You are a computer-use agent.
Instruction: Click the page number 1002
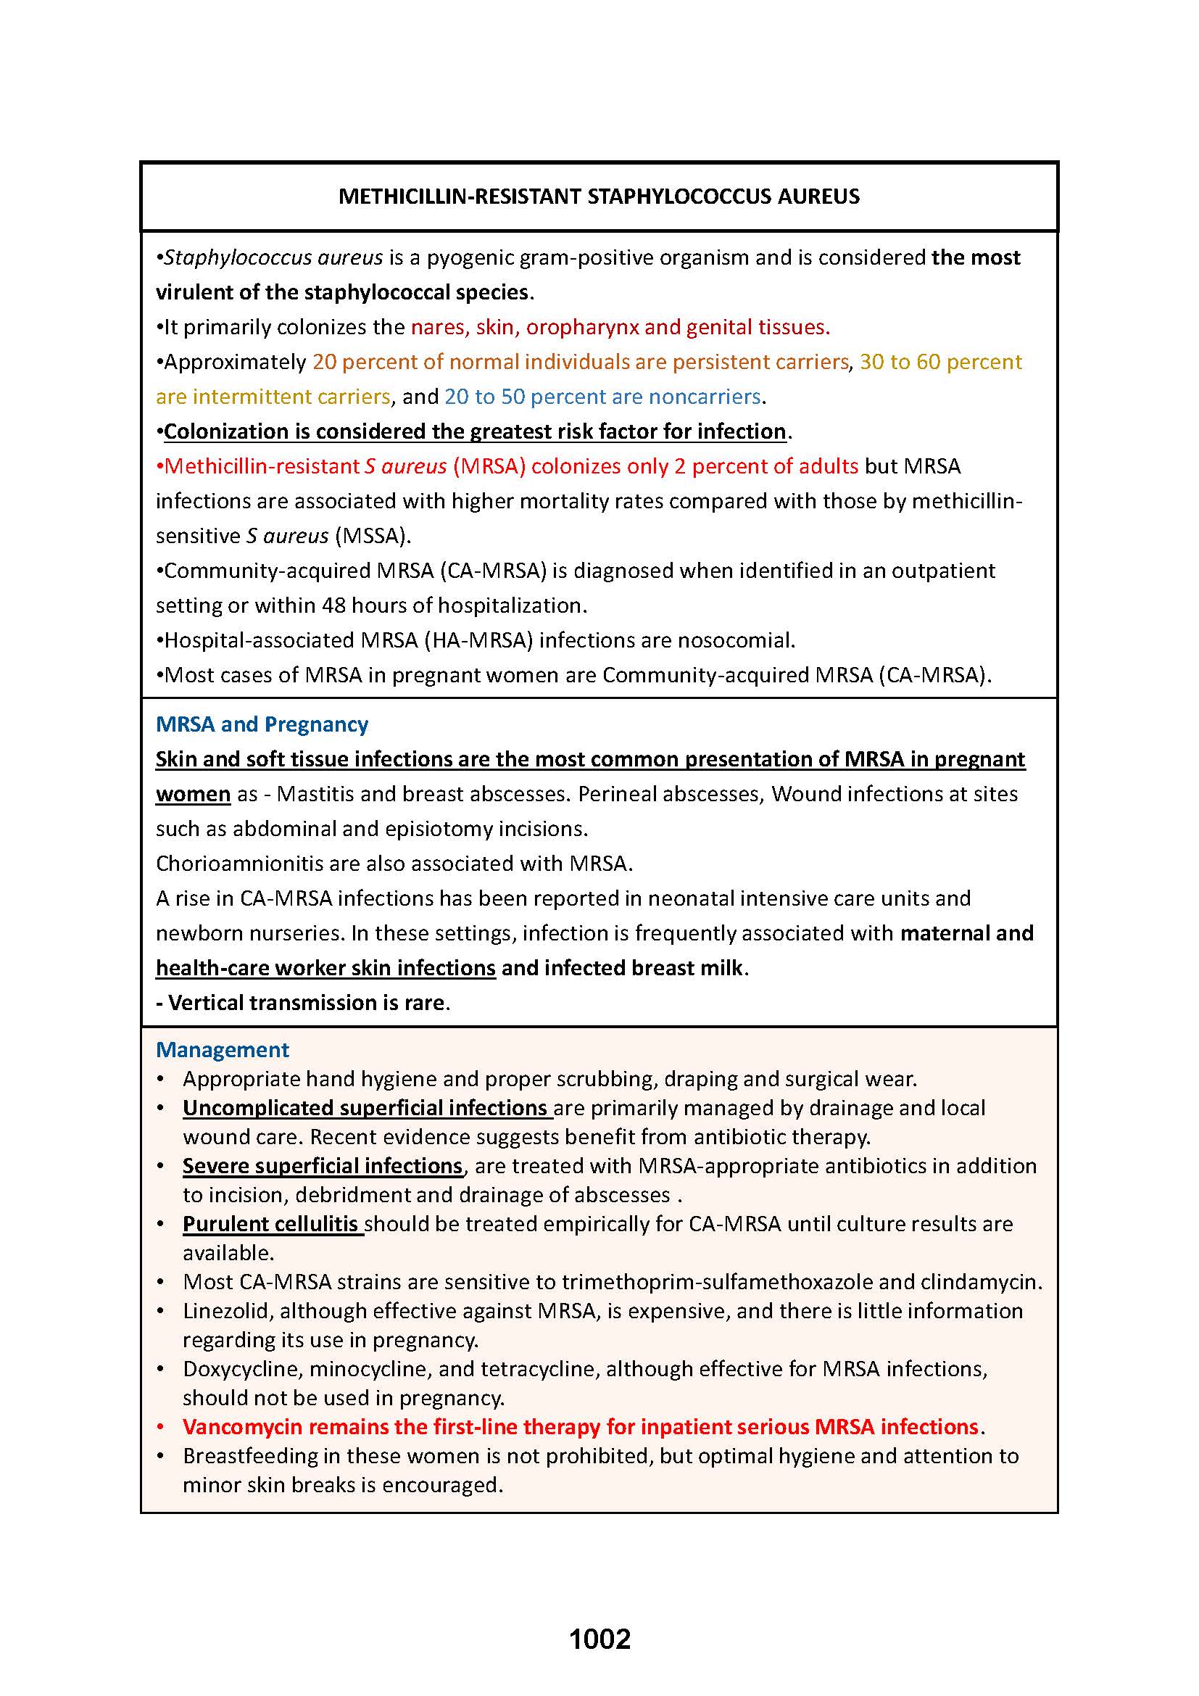tap(599, 1639)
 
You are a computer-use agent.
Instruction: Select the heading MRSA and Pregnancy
tap(262, 724)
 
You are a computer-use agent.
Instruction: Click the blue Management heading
tap(223, 1050)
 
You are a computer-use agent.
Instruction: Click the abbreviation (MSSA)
tap(372, 536)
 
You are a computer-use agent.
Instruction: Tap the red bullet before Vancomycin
tap(160, 1426)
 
